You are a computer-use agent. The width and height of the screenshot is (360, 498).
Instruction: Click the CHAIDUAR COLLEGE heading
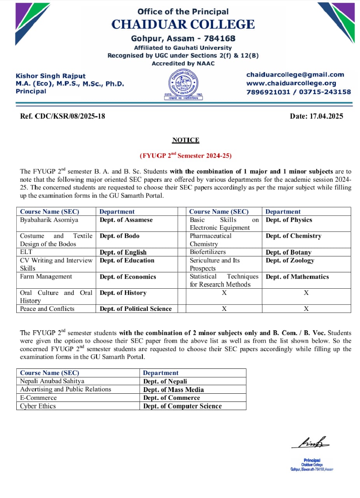[x=183, y=25]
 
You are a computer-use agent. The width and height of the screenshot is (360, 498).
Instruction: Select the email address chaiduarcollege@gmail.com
[x=295, y=75]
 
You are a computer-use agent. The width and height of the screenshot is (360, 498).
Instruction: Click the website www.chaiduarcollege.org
[x=291, y=83]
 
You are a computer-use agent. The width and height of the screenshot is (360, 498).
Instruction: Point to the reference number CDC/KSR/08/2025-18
[x=62, y=116]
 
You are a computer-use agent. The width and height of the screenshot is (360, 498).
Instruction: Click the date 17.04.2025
[x=316, y=116]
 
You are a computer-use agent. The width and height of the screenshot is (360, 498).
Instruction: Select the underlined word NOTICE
[x=185, y=140]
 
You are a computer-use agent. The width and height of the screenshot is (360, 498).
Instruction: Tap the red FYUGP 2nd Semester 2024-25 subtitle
[x=185, y=156]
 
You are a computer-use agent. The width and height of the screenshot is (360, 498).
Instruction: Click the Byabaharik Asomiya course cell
[x=49, y=220]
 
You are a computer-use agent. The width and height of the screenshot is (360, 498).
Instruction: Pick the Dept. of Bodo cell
[x=120, y=236]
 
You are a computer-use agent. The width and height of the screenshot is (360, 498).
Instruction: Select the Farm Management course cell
[x=46, y=277]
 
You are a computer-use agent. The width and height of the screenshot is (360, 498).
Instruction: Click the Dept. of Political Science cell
[x=135, y=309]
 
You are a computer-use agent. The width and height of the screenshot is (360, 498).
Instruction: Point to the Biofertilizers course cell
[x=208, y=252]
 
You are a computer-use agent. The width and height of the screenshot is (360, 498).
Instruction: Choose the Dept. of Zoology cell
[x=290, y=260]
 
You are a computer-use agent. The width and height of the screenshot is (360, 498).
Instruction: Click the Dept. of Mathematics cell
[x=297, y=277]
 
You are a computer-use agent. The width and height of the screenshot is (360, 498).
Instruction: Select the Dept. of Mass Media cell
[x=173, y=389]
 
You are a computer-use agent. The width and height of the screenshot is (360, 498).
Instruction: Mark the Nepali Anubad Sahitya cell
[x=52, y=381]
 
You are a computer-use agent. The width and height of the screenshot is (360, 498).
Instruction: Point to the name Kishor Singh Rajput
[x=51, y=76]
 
